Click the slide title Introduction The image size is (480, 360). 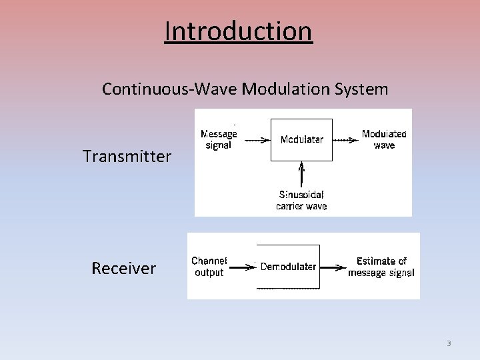[238, 31]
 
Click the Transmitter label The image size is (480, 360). [127, 157]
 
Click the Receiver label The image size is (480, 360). [123, 268]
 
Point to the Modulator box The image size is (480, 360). [301, 140]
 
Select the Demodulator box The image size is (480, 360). [288, 267]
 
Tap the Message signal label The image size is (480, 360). [219, 139]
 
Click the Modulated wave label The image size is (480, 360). [384, 139]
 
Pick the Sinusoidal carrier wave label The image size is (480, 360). [301, 200]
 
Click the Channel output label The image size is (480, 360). [209, 267]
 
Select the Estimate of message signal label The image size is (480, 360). [381, 267]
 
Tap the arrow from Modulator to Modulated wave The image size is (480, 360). [345, 140]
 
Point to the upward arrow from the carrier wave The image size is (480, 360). [302, 175]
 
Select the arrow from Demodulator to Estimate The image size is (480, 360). [333, 267]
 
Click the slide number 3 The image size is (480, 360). [449, 343]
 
